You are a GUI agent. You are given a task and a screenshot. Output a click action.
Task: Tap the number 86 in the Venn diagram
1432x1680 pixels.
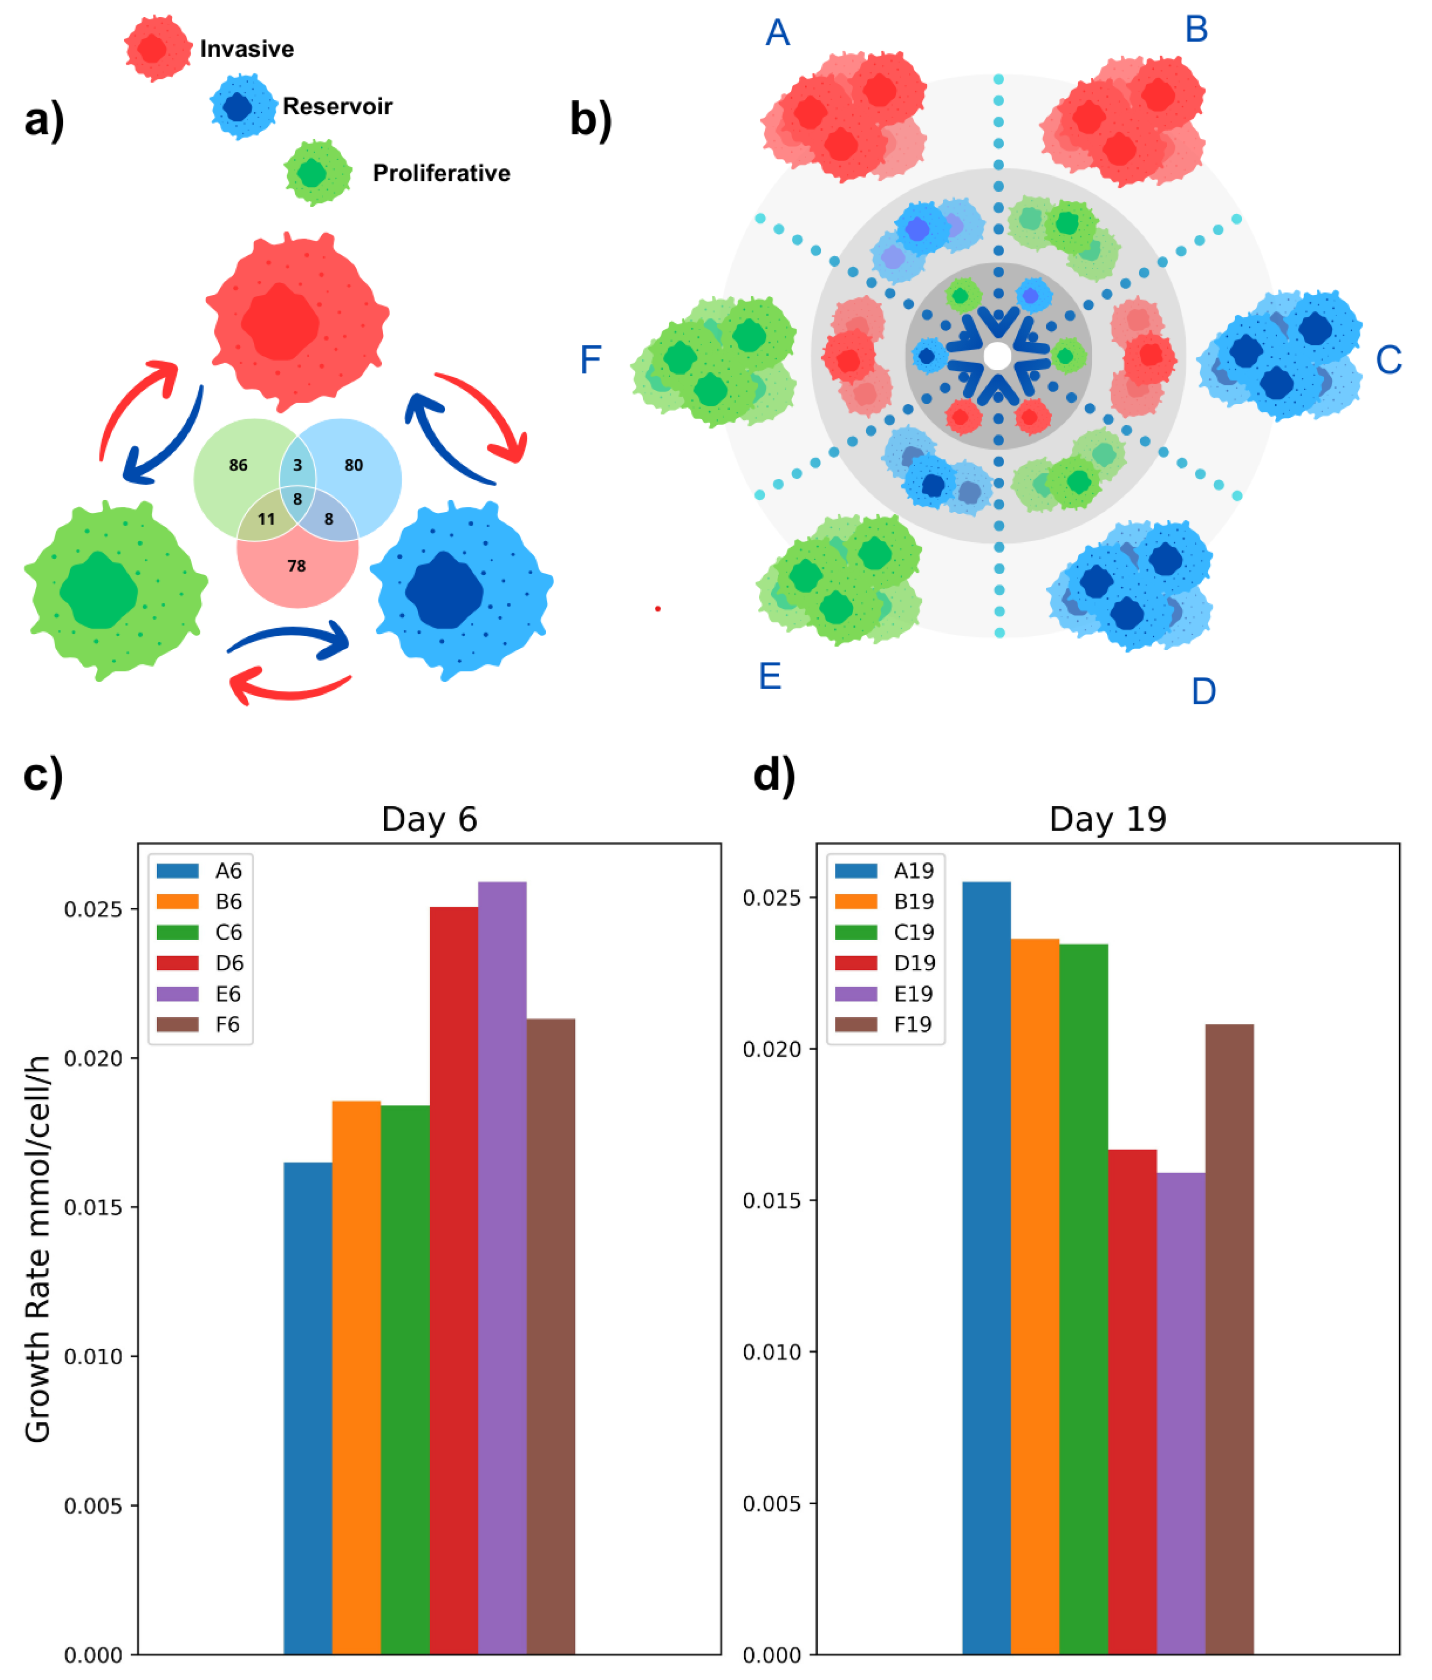[238, 465]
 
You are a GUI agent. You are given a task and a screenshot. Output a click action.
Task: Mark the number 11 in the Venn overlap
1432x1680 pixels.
[267, 519]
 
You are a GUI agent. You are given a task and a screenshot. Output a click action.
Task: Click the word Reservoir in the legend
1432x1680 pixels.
[337, 106]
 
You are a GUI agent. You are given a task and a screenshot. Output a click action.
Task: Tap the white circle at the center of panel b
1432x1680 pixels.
[997, 355]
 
